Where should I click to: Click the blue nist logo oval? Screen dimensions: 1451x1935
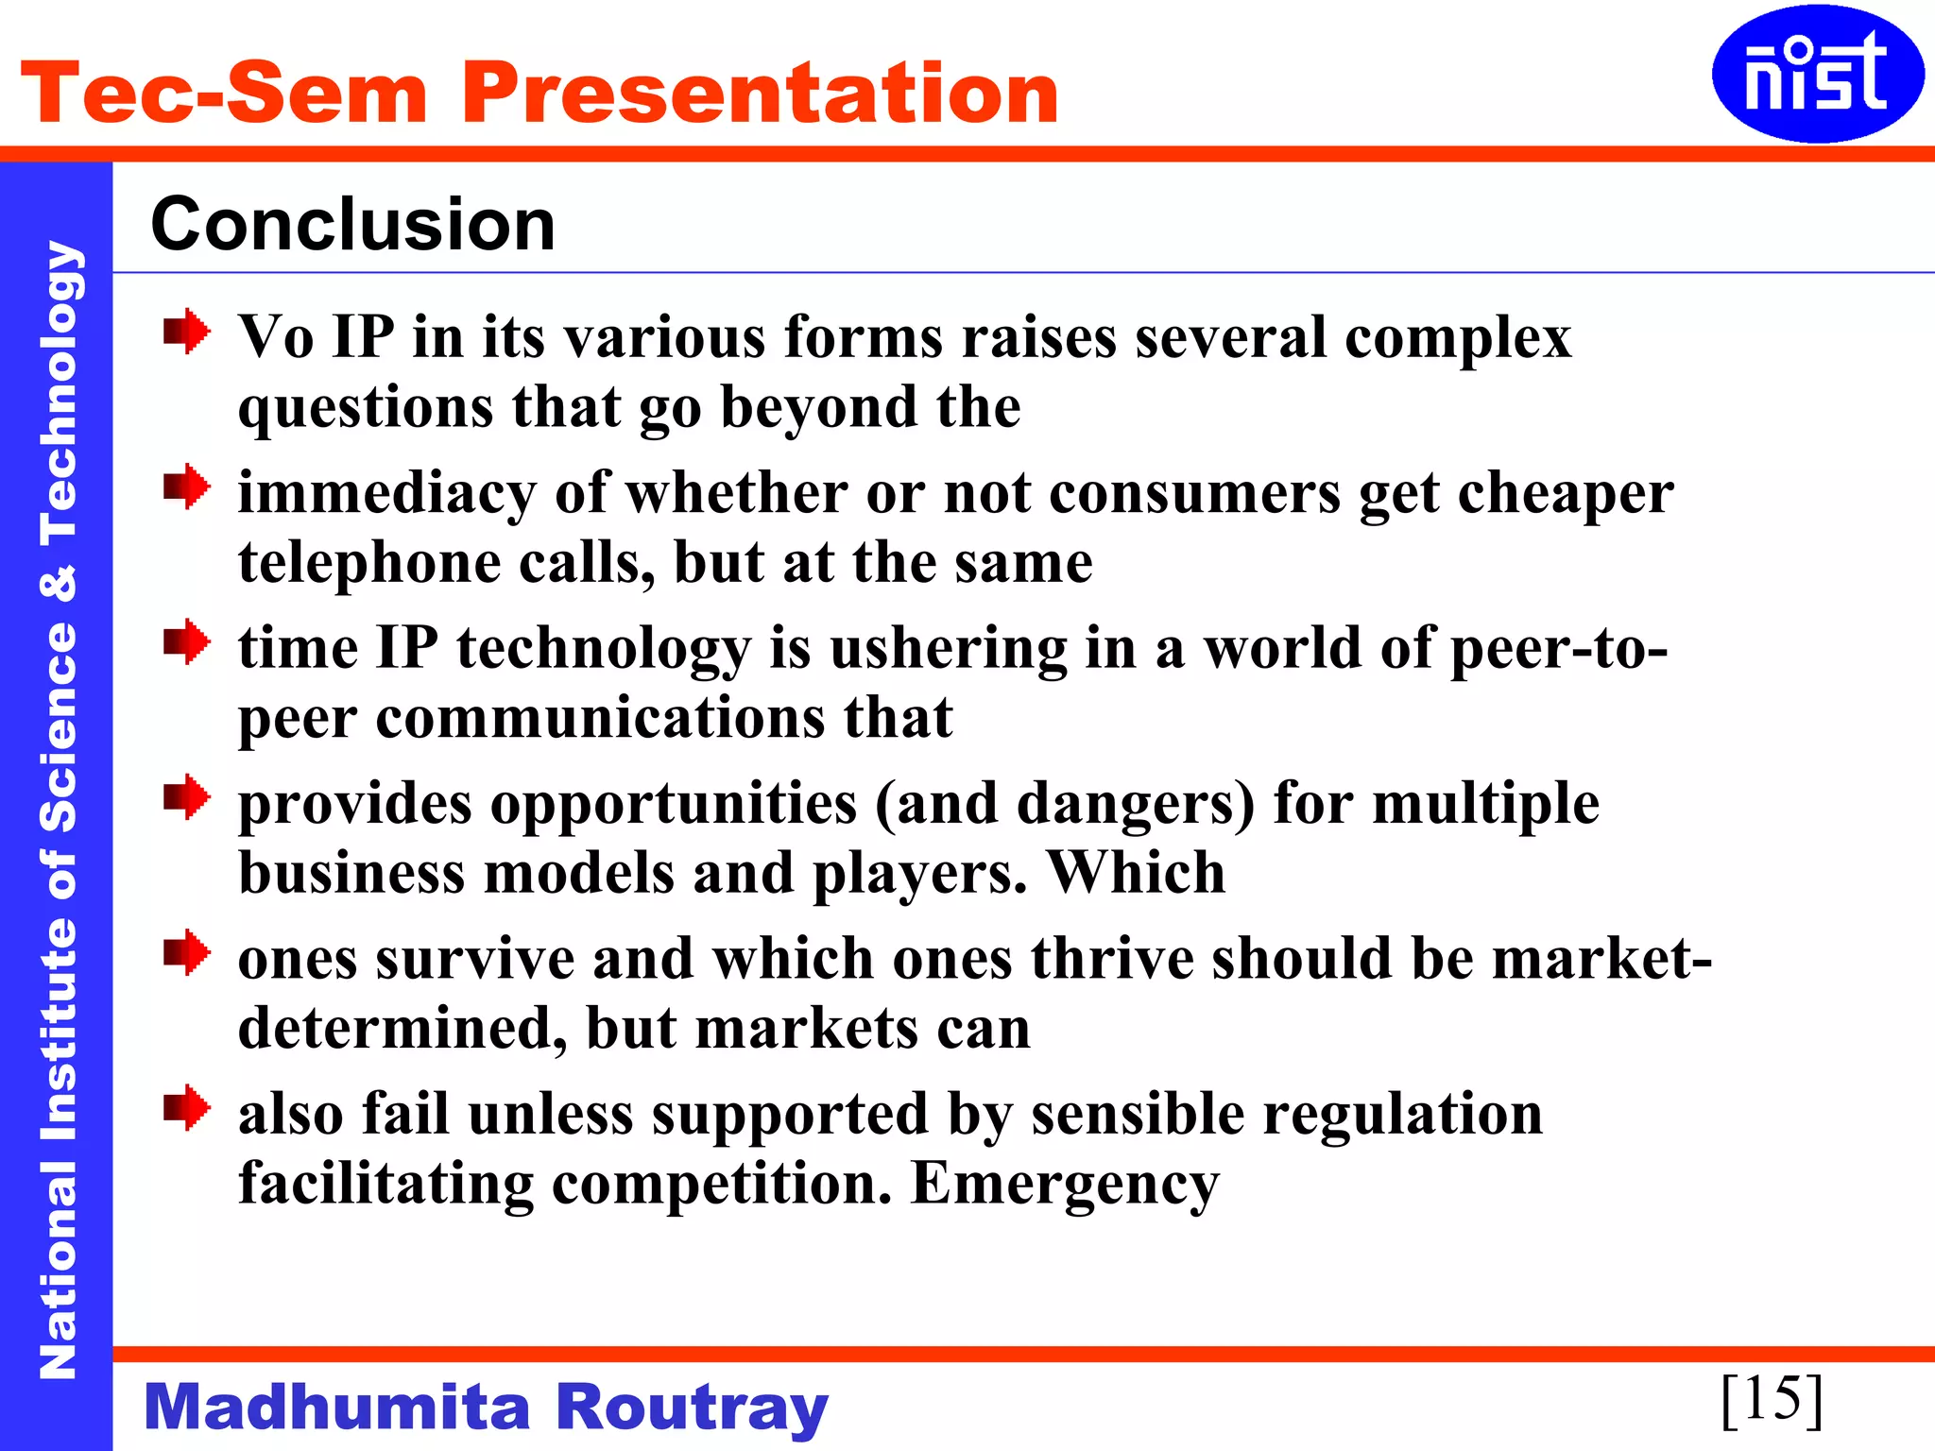[1817, 75]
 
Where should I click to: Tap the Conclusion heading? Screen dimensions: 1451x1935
[353, 225]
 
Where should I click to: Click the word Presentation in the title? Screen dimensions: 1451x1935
[760, 93]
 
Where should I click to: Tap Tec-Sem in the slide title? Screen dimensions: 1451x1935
[225, 93]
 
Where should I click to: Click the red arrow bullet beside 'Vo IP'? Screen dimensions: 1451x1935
[186, 332]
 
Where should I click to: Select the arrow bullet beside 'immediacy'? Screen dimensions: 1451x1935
[186, 487]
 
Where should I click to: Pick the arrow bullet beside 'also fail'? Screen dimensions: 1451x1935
[186, 1108]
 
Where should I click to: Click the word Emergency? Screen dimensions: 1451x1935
[1065, 1185]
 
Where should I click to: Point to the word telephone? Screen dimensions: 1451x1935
[369, 563]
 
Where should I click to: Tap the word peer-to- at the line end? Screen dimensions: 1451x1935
[1559, 650]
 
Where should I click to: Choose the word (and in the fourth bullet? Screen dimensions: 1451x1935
[936, 805]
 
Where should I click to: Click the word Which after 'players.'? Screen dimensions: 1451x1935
[1137, 873]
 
